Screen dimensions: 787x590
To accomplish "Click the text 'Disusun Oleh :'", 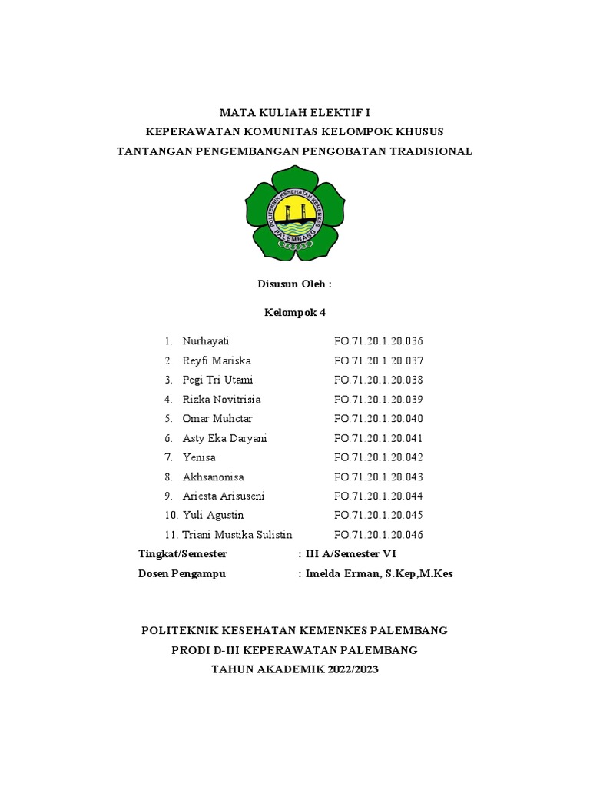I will tap(294, 284).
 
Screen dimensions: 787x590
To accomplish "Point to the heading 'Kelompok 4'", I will tap(294, 312).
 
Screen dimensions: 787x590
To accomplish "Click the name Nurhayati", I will tap(206, 341).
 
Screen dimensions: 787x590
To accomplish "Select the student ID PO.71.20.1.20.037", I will tap(379, 360).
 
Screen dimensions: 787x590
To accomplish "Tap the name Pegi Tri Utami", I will tap(217, 380).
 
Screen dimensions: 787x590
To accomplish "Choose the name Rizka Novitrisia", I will tap(221, 400).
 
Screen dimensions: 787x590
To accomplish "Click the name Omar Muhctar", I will tap(217, 419).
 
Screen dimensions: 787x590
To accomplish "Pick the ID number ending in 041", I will tap(379, 438).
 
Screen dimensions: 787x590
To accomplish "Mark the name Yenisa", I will tap(199, 457).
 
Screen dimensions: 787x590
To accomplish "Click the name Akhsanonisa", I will tap(213, 477).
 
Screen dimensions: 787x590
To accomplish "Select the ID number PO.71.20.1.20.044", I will tap(379, 496).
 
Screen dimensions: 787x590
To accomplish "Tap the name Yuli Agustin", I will tap(213, 515).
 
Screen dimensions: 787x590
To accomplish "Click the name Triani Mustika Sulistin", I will tap(237, 535).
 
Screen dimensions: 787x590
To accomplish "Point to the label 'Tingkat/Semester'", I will tap(183, 554).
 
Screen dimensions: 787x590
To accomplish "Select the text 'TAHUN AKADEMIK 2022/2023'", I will tap(294, 669).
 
